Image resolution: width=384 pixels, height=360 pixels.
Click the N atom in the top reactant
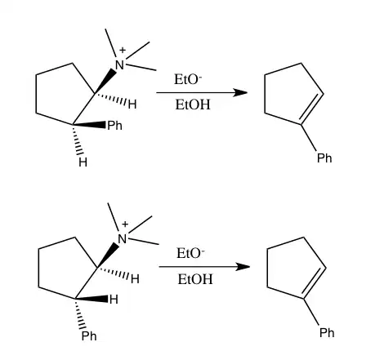(119, 65)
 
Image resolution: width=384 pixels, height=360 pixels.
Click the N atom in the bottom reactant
(122, 239)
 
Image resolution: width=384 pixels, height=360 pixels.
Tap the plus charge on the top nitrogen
(123, 50)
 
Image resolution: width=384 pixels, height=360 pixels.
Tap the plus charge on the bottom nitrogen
(125, 224)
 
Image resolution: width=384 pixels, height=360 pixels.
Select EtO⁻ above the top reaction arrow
(188, 79)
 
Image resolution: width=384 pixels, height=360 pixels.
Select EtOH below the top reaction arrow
(193, 104)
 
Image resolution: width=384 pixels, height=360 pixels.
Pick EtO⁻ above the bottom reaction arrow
(190, 253)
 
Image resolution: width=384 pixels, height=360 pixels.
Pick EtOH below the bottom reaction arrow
(195, 279)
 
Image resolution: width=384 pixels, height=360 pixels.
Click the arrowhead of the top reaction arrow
(240, 93)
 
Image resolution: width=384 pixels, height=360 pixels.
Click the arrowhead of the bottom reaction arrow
(243, 267)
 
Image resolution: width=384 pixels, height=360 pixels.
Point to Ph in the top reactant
(114, 126)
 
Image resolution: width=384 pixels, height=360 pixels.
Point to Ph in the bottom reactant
(89, 336)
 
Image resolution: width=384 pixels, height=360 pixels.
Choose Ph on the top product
(324, 158)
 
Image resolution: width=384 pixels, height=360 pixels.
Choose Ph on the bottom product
(327, 332)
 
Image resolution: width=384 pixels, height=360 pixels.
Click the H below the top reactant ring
(83, 162)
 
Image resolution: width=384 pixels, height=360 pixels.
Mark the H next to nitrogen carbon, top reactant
(132, 104)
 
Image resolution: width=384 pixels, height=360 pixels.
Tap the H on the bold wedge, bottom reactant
(114, 300)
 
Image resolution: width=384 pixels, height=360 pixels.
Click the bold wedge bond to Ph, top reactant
(89, 125)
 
